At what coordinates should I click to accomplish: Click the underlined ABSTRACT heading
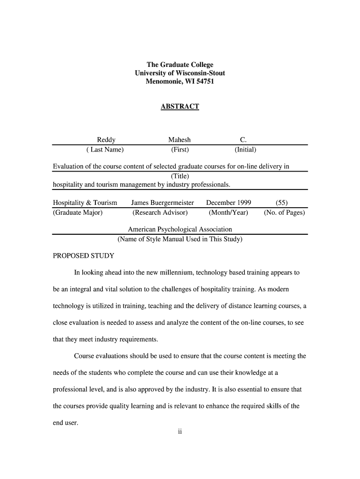(180, 107)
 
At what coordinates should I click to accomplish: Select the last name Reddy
(106, 140)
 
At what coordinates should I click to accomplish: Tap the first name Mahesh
(180, 140)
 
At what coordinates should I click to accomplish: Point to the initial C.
(243, 140)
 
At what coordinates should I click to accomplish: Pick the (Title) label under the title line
(180, 176)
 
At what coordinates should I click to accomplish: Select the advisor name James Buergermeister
(162, 203)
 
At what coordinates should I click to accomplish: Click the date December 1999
(229, 203)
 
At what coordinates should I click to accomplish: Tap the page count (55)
(281, 203)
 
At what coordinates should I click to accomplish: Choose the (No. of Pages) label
(284, 213)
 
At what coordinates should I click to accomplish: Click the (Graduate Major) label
(78, 213)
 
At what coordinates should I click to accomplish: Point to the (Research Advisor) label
(160, 213)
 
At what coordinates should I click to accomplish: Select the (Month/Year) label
(229, 213)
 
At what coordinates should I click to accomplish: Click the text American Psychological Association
(180, 230)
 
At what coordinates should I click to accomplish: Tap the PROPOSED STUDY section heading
(83, 256)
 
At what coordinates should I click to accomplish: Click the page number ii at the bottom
(180, 432)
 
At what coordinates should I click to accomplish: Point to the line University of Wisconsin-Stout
(180, 73)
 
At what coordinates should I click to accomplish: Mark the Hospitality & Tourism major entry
(85, 203)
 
